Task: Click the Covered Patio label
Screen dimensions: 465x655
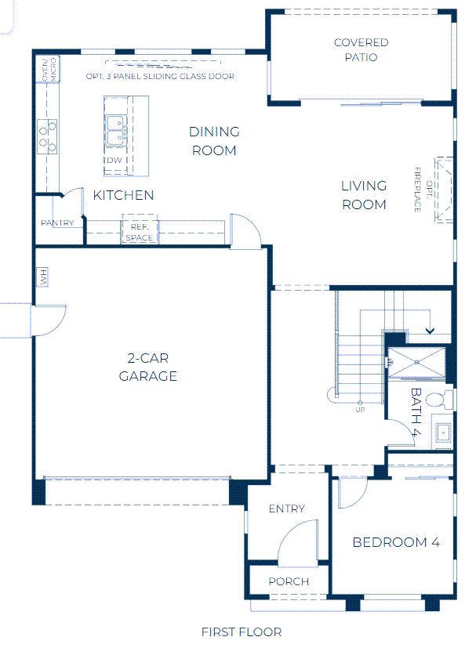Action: tap(361, 49)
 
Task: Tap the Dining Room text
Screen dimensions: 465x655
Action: tap(214, 141)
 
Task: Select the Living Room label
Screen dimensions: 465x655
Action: tap(364, 195)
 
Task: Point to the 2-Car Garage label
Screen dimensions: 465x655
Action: tap(148, 367)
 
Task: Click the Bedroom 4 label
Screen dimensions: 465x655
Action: tap(396, 542)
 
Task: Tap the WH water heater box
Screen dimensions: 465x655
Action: tap(42, 277)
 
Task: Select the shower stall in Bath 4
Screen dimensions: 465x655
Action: tap(417, 363)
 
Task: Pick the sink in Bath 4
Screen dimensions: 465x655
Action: tap(443, 432)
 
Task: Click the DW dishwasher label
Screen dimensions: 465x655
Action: tap(114, 160)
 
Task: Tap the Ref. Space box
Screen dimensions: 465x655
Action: tap(140, 229)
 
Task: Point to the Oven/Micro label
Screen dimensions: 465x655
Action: tap(49, 70)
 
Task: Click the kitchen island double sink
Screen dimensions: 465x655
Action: tap(116, 130)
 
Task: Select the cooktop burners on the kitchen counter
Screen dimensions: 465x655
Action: tap(47, 136)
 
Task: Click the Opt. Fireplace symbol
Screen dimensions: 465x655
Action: tap(444, 190)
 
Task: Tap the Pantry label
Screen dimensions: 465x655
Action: tap(57, 223)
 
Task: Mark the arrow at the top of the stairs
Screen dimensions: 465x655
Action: tap(430, 331)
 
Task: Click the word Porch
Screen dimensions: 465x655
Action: tap(289, 581)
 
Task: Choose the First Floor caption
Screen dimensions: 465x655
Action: tap(242, 632)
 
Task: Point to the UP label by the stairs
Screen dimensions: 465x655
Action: tap(360, 410)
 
